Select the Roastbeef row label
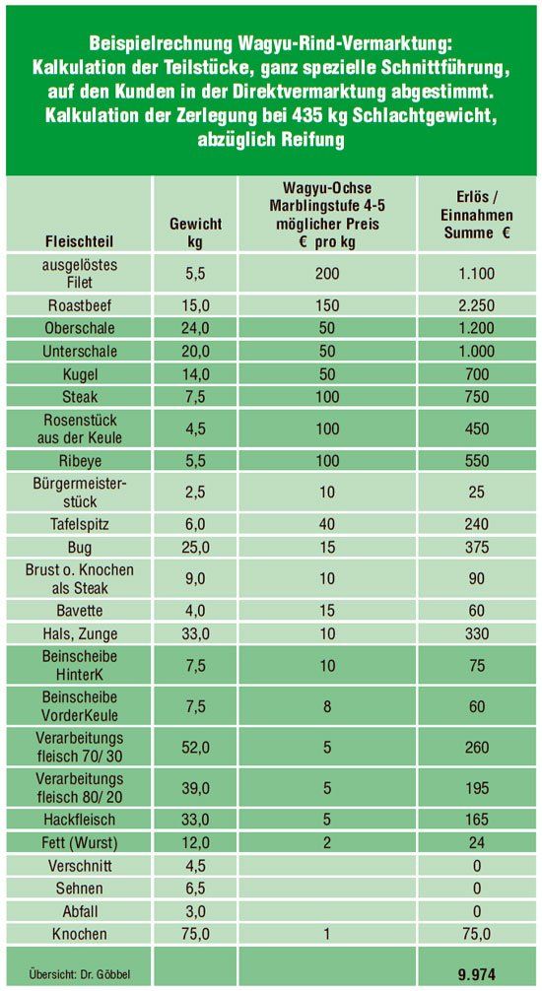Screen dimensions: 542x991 coord(80,306)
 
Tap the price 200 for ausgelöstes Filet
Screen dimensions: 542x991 coord(327,274)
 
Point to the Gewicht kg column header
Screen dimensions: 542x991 coord(195,232)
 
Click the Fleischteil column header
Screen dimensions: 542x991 coord(80,242)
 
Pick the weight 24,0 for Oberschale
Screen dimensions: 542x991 coord(195,328)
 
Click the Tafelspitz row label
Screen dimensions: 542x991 coord(80,524)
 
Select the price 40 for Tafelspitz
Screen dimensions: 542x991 coord(327,525)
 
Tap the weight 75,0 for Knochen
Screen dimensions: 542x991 coord(195,934)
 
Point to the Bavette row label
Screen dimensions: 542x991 coord(80,611)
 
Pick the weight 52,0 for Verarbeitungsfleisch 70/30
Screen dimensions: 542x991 coord(195,748)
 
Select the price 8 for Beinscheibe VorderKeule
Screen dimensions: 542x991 coord(327,706)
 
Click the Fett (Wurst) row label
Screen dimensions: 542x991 coord(80,842)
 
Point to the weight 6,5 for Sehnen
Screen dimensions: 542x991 coord(195,888)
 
